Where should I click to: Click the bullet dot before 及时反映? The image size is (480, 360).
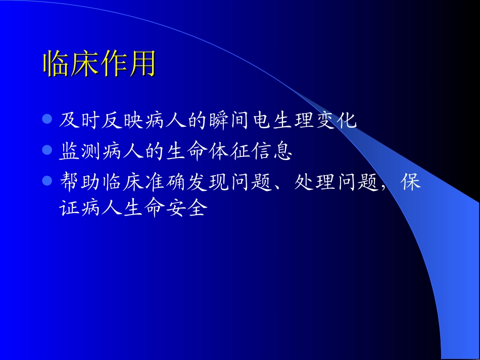[47, 120]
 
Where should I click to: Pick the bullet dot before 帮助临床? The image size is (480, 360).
[47, 180]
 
